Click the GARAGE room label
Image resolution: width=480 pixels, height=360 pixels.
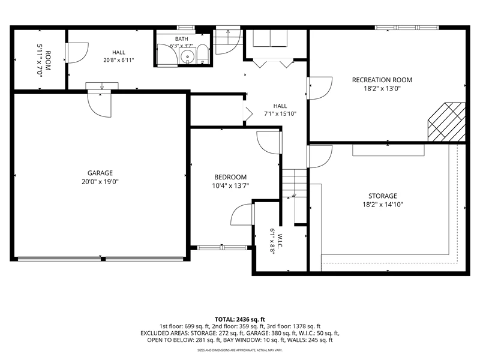click(100, 173)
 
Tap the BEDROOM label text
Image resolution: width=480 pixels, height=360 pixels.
click(230, 177)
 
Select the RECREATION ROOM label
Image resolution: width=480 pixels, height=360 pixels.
click(382, 80)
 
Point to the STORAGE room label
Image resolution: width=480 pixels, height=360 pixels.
click(383, 196)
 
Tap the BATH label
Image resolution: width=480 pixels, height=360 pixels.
click(182, 39)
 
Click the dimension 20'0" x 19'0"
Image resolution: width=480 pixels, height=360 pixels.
click(100, 182)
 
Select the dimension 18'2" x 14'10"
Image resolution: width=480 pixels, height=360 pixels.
click(383, 205)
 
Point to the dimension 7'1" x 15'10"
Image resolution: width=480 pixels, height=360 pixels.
click(280, 114)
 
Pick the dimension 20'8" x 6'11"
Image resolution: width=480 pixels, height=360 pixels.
click(118, 60)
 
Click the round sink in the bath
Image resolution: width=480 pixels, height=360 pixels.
click(187, 57)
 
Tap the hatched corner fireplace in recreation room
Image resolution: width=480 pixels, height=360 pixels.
click(446, 122)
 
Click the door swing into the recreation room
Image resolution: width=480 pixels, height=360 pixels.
click(320, 88)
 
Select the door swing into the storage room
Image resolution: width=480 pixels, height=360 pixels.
click(320, 157)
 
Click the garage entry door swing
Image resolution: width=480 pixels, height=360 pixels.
click(100, 104)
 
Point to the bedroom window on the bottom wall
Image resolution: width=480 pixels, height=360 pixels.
click(222, 248)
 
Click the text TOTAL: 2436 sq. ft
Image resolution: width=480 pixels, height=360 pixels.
click(239, 320)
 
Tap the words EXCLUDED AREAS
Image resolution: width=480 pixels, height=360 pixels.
click(164, 333)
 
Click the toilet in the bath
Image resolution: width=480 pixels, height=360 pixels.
click(202, 55)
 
